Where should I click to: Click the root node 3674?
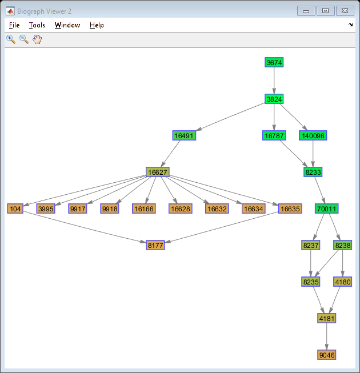click(x=274, y=62)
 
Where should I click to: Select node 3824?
click(x=274, y=99)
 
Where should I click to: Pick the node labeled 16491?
click(x=184, y=135)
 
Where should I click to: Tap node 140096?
click(x=313, y=135)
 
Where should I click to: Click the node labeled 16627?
click(x=158, y=172)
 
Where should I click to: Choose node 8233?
click(x=313, y=172)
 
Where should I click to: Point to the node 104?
click(x=15, y=208)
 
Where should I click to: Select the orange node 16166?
click(x=144, y=208)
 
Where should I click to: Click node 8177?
click(x=155, y=245)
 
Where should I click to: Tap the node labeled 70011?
click(x=326, y=208)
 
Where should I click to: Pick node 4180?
click(x=343, y=282)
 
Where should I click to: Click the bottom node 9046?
click(x=327, y=355)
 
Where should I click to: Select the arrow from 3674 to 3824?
click(x=274, y=81)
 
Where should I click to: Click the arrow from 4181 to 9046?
click(x=327, y=336)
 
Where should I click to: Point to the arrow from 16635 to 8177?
click(x=222, y=227)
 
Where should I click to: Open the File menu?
click(x=14, y=25)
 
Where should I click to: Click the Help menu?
click(x=97, y=25)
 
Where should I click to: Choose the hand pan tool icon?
click(x=37, y=39)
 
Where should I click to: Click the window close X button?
click(x=345, y=11)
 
